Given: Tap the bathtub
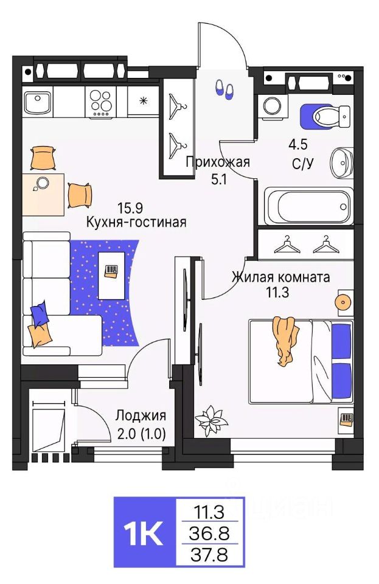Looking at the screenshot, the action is (x=308, y=206).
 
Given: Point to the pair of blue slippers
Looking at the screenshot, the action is (x=223, y=89).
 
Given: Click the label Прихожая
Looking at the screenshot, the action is (x=218, y=162).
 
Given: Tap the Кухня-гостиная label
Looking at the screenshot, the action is (x=136, y=222).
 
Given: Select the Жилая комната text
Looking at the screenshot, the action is (x=280, y=277).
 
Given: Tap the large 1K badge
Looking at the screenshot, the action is (x=144, y=532).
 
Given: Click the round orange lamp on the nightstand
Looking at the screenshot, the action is (x=345, y=302).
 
